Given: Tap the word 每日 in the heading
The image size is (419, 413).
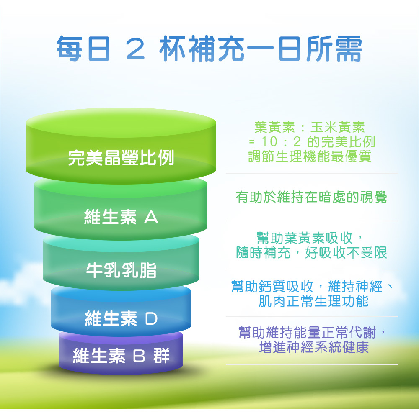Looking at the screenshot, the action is point(83,49).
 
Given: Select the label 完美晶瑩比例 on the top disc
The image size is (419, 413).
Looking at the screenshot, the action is point(121,158).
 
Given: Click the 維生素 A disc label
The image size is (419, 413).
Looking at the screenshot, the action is point(121,217).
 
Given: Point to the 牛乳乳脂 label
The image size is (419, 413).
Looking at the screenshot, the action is point(121,271).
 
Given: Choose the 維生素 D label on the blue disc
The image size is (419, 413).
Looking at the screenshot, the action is point(121,318).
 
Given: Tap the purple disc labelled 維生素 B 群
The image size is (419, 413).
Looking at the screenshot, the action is point(121,353).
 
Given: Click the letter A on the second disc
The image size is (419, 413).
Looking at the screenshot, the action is point(151,217).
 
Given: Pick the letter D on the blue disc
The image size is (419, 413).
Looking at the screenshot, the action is point(151,319).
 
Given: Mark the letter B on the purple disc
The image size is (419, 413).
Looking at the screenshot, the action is point(139,356).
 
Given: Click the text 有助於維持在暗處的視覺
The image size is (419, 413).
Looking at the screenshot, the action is point(311,197).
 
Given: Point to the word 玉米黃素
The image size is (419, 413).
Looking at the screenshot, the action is point(338,127).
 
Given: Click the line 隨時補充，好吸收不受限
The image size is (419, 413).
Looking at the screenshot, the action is point(312,253).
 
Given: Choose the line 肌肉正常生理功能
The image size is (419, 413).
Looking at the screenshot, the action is point(313,301).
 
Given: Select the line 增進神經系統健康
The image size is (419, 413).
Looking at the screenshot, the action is point(314,347).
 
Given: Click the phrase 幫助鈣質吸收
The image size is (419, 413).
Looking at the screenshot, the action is point(272,287).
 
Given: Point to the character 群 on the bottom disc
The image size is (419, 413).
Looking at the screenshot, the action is point(161,356).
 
